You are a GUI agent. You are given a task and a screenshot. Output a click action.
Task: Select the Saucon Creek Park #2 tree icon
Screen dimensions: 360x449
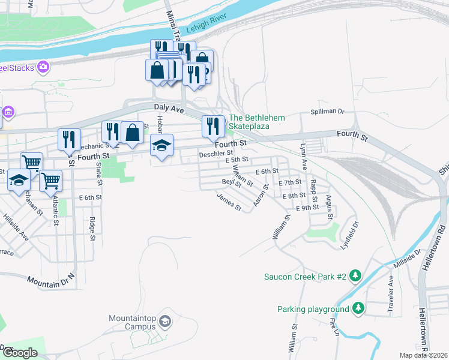pos(356,276)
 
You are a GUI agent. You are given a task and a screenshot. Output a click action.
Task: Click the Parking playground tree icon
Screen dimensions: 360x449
pos(358,308)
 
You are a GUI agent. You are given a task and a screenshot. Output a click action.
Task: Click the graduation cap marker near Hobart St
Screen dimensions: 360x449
pos(161,146)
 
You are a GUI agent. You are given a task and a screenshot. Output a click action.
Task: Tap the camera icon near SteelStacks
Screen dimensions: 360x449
pos(43,67)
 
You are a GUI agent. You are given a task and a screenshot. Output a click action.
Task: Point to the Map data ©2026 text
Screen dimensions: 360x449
pos(423,355)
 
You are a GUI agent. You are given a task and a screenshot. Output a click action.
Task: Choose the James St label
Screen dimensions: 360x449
pos(229,202)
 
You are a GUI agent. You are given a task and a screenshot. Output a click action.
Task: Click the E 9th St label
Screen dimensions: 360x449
pos(307,207)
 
